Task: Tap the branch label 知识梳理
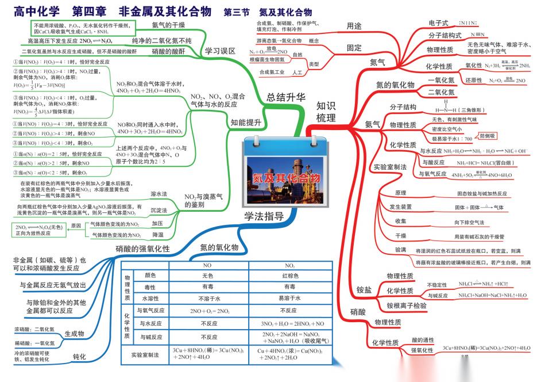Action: pos(327,112)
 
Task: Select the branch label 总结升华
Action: pos(286,97)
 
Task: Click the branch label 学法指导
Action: pos(264,216)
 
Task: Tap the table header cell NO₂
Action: pos(290,266)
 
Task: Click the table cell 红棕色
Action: pos(290,276)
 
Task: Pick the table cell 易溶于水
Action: pos(290,298)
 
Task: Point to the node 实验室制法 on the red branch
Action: pos(390,167)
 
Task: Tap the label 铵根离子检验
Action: pos(407,305)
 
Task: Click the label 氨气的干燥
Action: pos(168,25)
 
